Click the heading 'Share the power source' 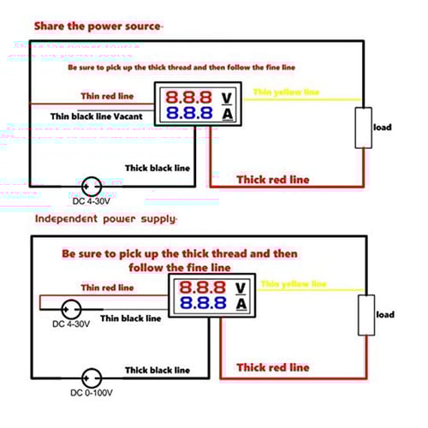click(97, 26)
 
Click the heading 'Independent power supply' click(105, 219)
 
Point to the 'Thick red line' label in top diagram click(273, 179)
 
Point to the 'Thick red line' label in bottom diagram click(273, 367)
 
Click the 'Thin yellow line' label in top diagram click(286, 92)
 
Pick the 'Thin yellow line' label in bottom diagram click(293, 283)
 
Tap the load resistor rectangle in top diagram click(362, 128)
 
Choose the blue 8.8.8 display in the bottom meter click(204, 304)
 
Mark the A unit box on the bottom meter click(242, 305)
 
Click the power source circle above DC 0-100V click(90, 377)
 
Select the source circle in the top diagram click(90, 185)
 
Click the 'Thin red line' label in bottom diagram click(107, 288)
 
